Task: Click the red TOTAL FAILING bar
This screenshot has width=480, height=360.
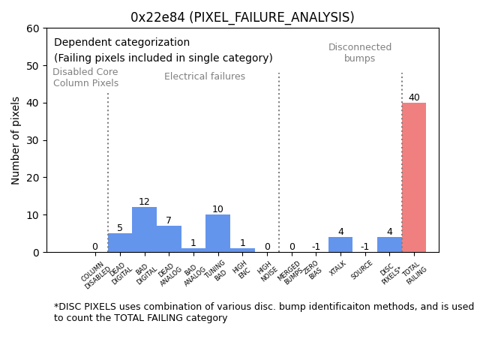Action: pos(414,178)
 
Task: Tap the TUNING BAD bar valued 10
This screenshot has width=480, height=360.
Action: pos(217,233)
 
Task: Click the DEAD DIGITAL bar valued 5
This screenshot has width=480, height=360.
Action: pos(120,242)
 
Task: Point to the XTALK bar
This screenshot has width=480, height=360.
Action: pos(340,244)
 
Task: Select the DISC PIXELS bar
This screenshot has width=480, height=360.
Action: pos(389,244)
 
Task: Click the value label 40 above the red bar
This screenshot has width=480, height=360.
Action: pos(414,97)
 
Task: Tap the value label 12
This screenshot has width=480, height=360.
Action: pos(144,202)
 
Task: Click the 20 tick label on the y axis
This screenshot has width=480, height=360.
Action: pos(34,178)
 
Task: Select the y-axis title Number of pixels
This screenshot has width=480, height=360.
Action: pos(16,140)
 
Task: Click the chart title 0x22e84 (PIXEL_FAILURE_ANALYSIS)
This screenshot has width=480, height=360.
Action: pos(242,17)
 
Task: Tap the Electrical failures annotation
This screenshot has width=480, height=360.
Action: pos(205,76)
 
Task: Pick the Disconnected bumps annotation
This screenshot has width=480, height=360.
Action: pos(360,53)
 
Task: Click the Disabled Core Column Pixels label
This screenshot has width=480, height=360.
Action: pos(85,78)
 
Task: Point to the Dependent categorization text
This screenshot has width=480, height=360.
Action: pos(121,43)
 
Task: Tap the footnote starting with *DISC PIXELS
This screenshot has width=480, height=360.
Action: pos(263,312)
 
